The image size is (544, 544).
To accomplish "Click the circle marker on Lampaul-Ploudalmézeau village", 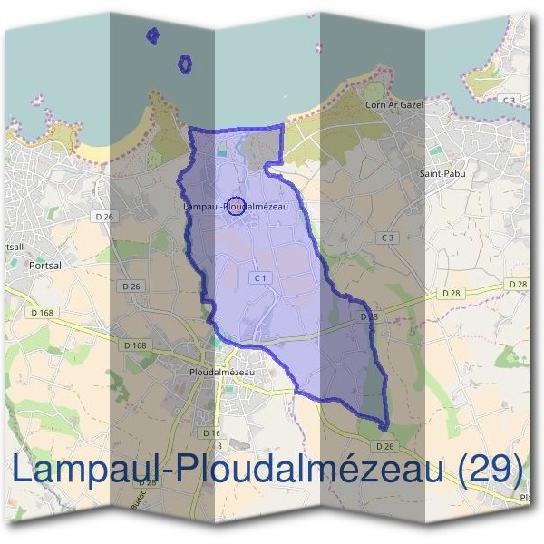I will [x=235, y=206].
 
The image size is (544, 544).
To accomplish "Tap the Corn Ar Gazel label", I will [x=389, y=105].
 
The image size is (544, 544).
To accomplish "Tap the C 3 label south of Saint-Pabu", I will [x=388, y=238].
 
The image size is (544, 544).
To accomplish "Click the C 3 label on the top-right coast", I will [x=510, y=99].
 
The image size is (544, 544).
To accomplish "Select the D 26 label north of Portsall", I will [x=104, y=217].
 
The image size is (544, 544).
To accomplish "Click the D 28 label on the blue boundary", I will [x=368, y=316].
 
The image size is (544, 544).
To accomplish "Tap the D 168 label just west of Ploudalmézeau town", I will [x=134, y=345].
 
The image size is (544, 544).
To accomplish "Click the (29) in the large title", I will [x=491, y=471].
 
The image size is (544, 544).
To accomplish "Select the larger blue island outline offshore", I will [x=185, y=64].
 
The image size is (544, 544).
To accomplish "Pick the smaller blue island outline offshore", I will [x=152, y=35].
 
